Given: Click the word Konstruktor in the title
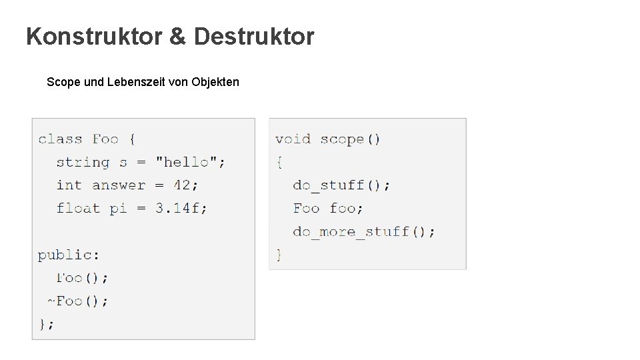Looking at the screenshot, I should click(x=93, y=37).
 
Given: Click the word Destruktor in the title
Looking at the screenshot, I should click(x=253, y=37).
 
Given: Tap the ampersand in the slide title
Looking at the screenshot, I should click(x=178, y=37).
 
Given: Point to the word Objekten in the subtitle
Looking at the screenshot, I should click(x=215, y=83).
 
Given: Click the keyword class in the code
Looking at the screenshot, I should click(x=60, y=139).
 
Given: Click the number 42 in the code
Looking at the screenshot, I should click(x=182, y=185).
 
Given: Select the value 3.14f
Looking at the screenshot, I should click(x=181, y=209).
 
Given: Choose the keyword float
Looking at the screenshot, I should click(x=78, y=209).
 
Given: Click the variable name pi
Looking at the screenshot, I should click(x=118, y=209).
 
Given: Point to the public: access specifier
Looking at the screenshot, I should click(x=69, y=255).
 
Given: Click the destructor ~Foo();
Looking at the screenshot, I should click(x=77, y=301).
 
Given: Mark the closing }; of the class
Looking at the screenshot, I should click(x=46, y=324).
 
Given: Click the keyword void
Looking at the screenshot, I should click(x=293, y=139).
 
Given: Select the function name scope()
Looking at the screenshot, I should click(x=350, y=139).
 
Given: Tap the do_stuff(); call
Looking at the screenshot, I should click(x=341, y=185).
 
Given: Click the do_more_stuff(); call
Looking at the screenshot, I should click(x=364, y=232).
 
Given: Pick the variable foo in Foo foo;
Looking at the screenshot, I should click(x=345, y=209).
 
